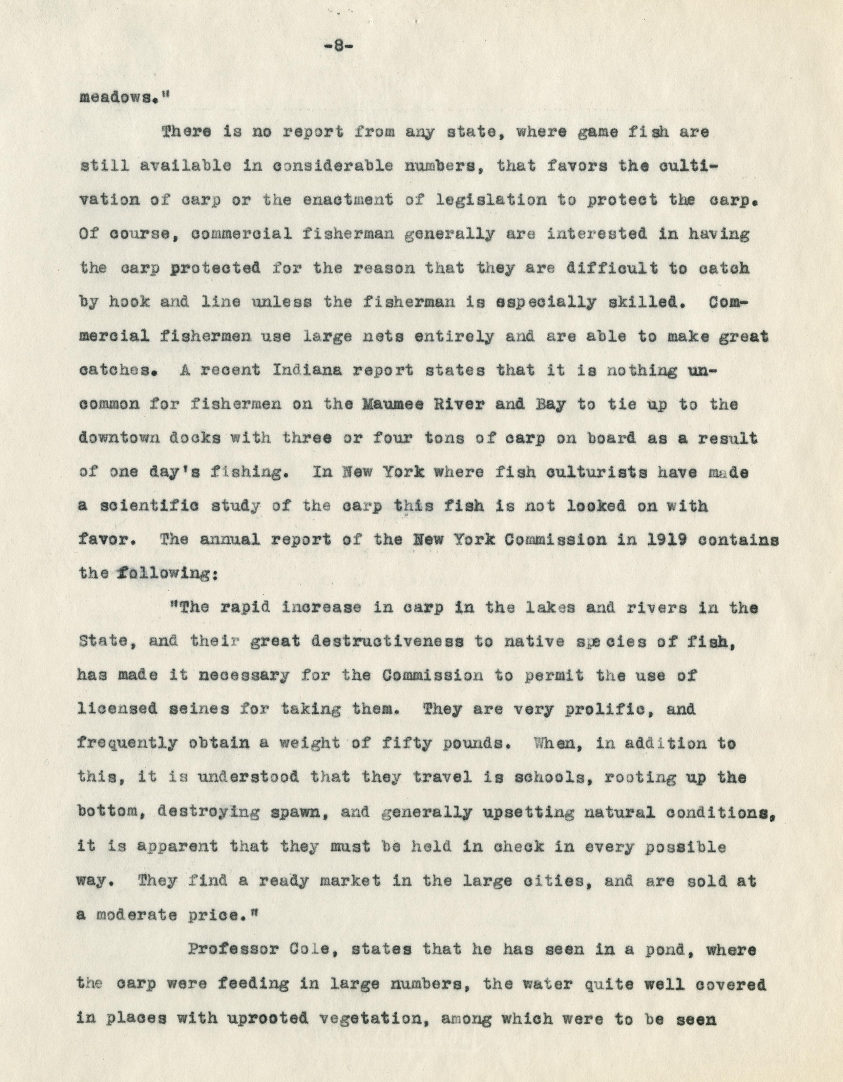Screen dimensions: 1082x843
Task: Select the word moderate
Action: [x=136, y=914]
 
